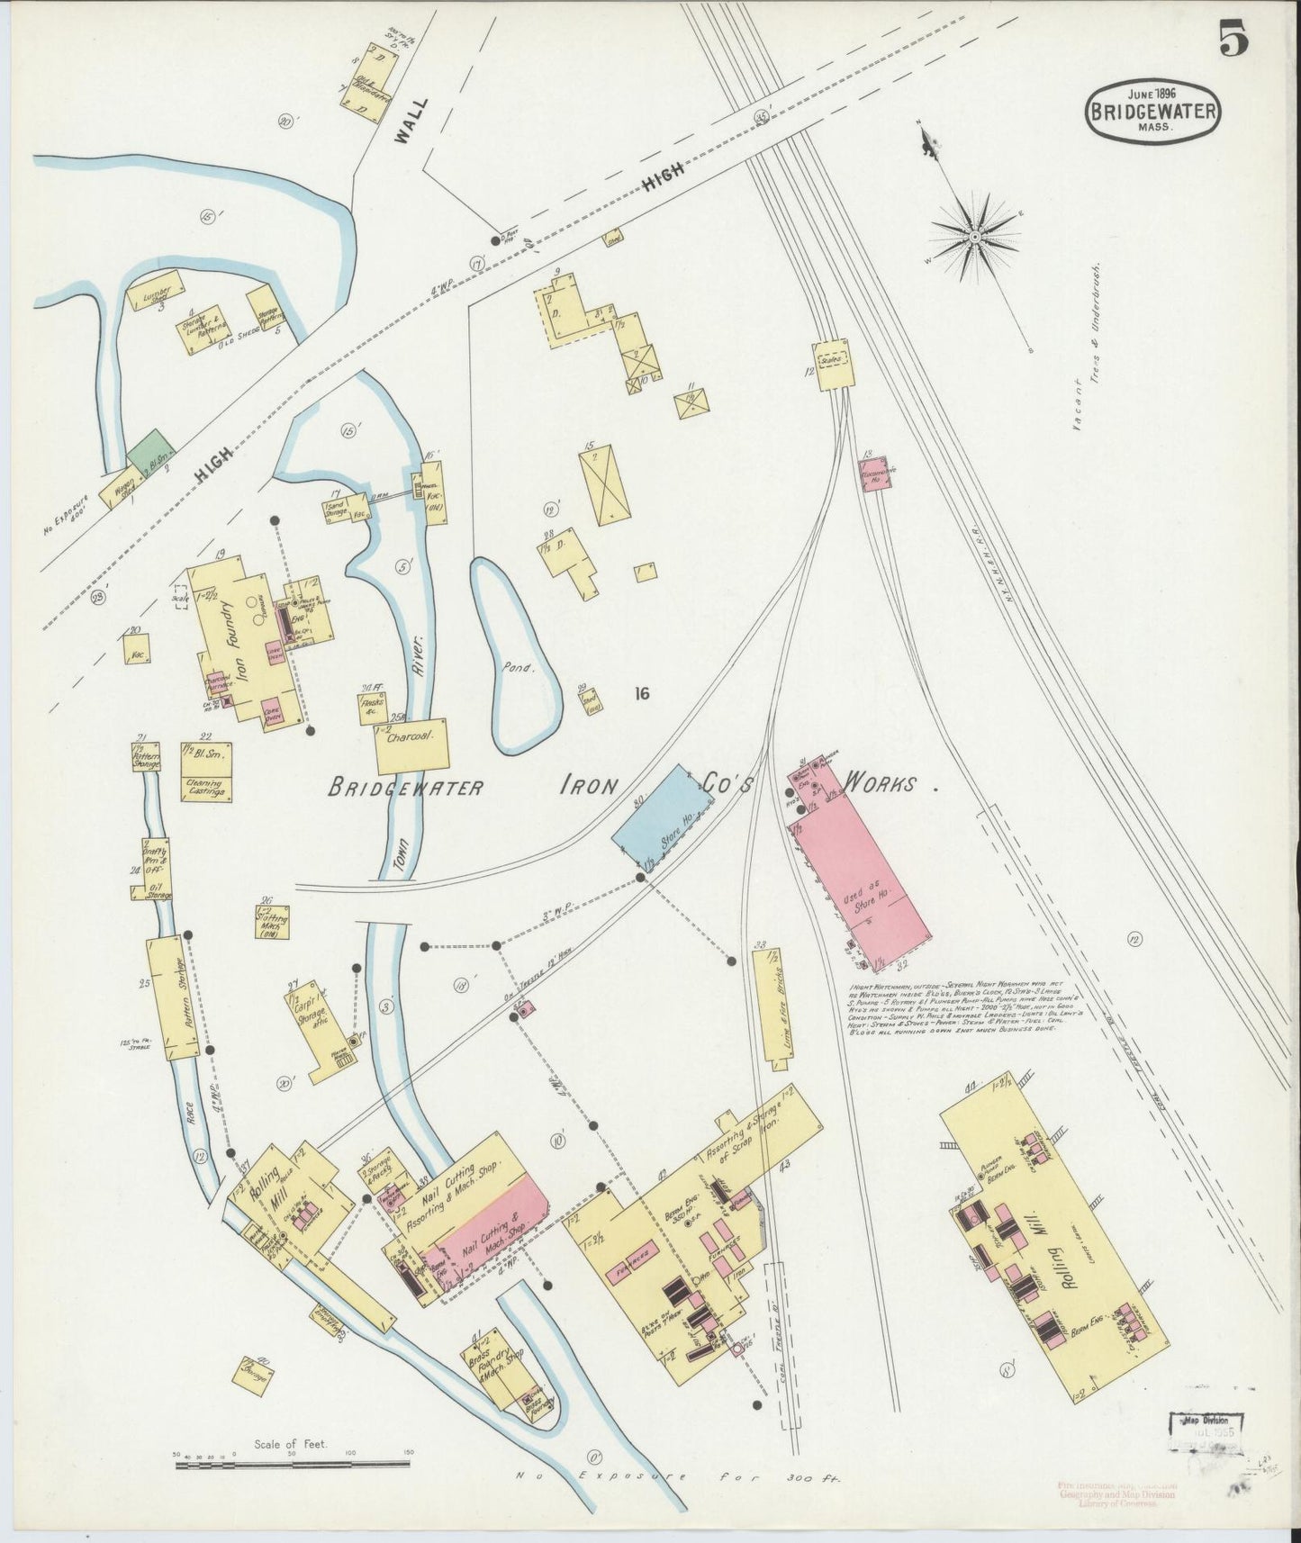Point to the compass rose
[973, 237]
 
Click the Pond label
[519, 669]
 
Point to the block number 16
[641, 693]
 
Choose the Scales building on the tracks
[833, 364]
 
